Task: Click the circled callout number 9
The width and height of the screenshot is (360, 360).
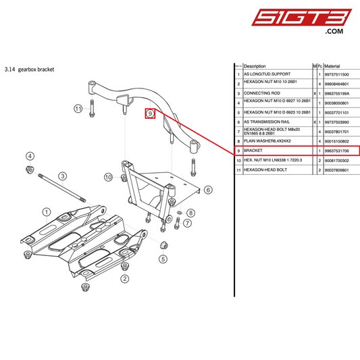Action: pos(151,114)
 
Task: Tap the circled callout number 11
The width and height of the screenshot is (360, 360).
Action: pos(78,109)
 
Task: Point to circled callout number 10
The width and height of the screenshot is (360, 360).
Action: pos(107,177)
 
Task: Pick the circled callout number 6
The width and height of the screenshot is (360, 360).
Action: pos(208,190)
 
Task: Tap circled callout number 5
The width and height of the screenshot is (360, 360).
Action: pos(162,258)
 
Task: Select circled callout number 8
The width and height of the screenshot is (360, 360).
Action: pos(190,213)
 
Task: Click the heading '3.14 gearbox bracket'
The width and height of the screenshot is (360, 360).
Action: pos(29,69)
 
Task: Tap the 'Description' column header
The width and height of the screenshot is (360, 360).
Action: pos(255,66)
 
